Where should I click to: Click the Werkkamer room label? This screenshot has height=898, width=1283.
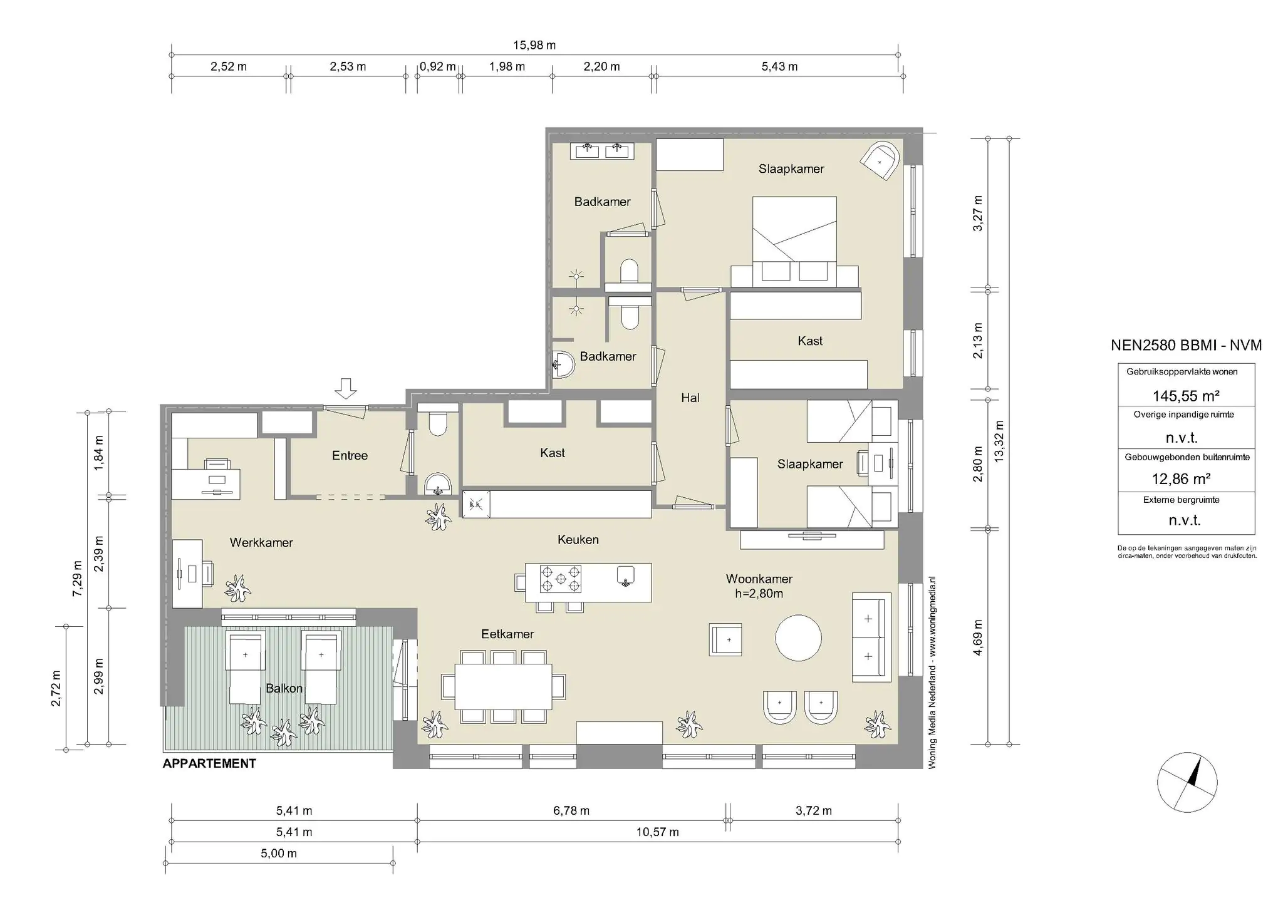tap(261, 543)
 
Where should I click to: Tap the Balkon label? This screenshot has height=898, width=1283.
tap(284, 688)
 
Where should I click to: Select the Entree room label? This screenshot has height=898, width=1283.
tap(350, 456)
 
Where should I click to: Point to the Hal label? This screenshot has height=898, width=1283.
tap(690, 398)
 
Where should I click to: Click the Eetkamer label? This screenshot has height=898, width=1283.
tap(507, 634)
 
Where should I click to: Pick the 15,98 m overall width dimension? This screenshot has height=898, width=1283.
tap(534, 45)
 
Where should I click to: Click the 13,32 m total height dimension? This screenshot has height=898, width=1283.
tap(999, 441)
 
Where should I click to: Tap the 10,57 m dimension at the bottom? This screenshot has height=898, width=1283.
tap(657, 832)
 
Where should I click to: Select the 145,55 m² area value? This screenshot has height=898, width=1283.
tap(1186, 396)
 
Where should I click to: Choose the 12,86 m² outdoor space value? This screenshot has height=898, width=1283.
tap(1181, 479)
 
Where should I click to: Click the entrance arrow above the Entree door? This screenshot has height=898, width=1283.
tap(345, 388)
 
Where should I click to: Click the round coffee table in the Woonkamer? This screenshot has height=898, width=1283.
tap(798, 637)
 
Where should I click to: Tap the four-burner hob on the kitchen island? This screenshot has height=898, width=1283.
tap(560, 579)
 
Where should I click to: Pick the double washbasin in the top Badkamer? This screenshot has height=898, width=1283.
tap(602, 150)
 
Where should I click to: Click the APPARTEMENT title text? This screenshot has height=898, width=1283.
tap(209, 763)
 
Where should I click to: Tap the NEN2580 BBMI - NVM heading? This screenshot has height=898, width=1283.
tap(1186, 345)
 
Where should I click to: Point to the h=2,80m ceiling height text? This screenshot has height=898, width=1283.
tap(759, 594)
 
